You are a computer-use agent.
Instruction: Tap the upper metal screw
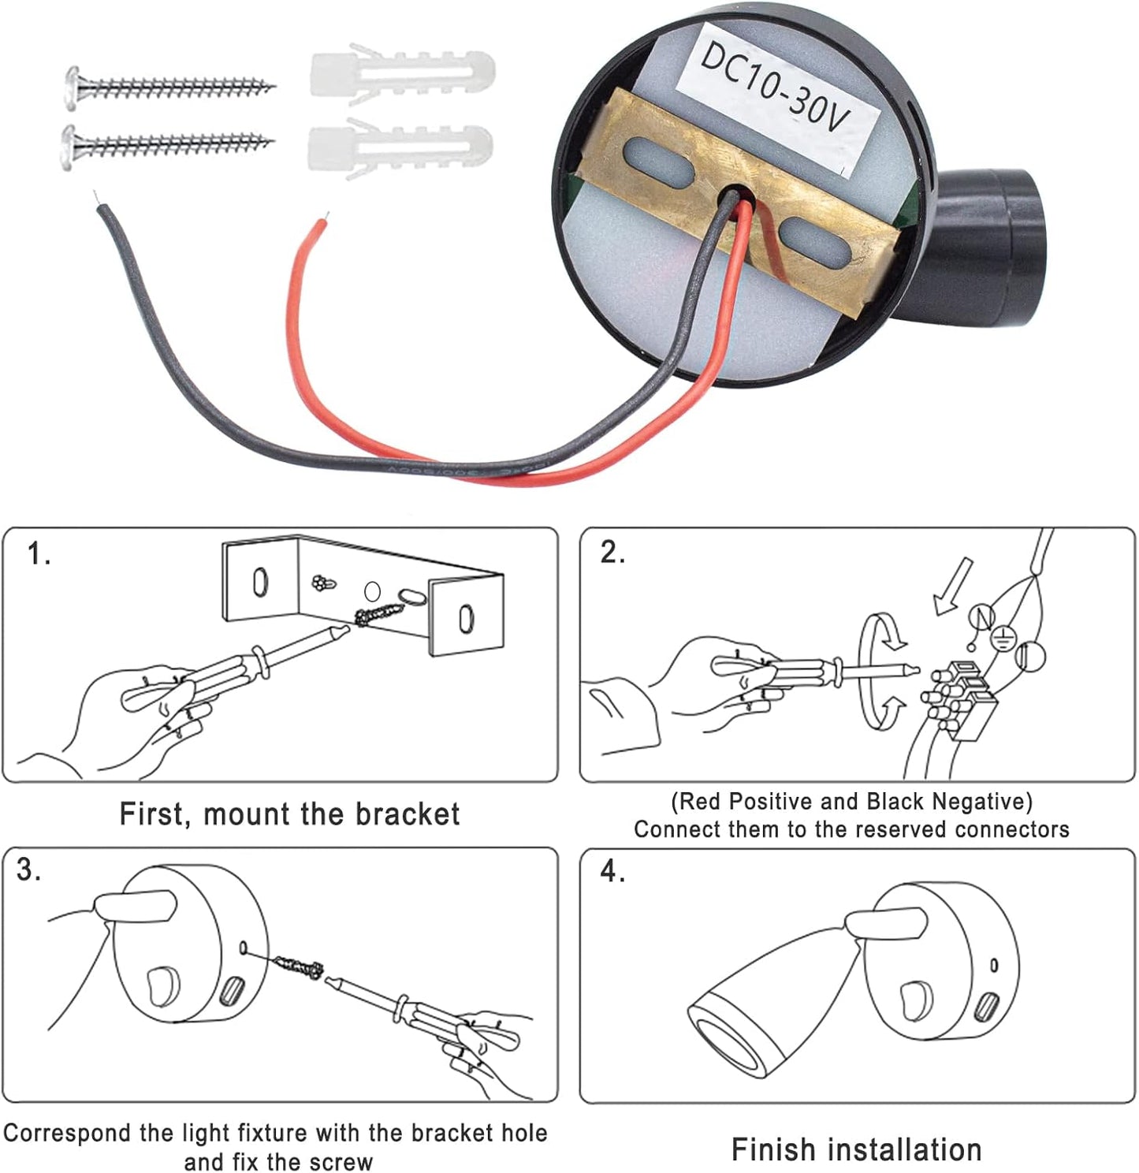169,85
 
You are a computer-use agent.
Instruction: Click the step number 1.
38,554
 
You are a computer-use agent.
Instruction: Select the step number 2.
612,553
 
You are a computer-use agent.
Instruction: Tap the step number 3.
28,870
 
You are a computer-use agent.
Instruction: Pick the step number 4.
612,872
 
